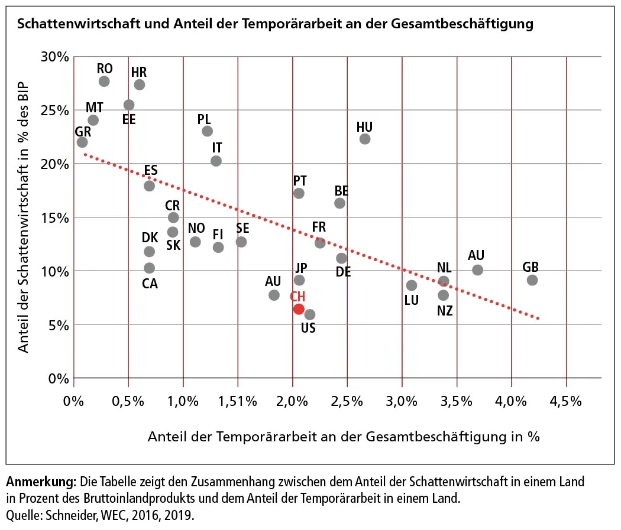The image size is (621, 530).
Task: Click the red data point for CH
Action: [x=299, y=309]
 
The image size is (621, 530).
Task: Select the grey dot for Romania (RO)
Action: [x=104, y=81]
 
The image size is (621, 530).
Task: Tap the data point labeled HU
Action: [x=365, y=139]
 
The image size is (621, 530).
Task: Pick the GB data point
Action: [x=532, y=279]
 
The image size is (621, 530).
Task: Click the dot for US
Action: [x=310, y=314]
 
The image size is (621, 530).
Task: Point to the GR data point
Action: [x=82, y=142]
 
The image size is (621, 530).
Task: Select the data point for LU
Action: [x=412, y=285]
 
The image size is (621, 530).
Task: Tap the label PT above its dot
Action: [x=300, y=180]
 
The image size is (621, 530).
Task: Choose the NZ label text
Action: [x=445, y=310]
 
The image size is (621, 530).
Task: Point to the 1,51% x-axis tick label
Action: [x=237, y=402]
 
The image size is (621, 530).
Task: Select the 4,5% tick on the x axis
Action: [x=567, y=402]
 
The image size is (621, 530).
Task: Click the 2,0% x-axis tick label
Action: [x=292, y=402]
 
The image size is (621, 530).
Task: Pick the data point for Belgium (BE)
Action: [x=339, y=203]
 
